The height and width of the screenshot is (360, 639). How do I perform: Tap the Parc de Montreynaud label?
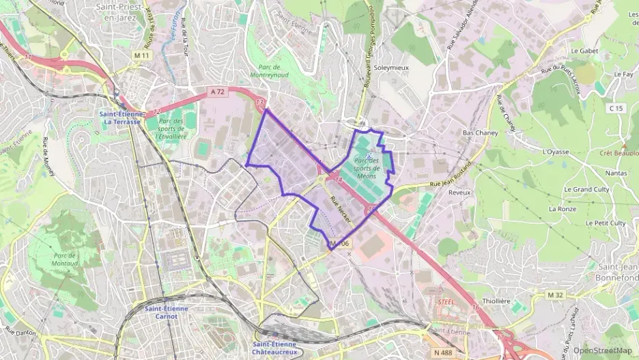275,71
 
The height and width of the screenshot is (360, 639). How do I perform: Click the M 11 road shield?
142,55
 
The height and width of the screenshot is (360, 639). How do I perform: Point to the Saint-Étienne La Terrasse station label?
121,117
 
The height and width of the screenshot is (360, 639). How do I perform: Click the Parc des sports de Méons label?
366,167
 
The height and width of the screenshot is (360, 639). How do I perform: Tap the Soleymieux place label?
390,68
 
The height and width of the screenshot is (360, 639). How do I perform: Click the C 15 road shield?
616,108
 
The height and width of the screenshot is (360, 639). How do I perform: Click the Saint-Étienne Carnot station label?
166,312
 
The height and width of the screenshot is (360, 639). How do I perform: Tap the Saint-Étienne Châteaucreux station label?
275,348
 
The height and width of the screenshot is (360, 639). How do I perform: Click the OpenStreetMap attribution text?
602,351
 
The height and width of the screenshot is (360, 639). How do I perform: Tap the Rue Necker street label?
339,209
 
